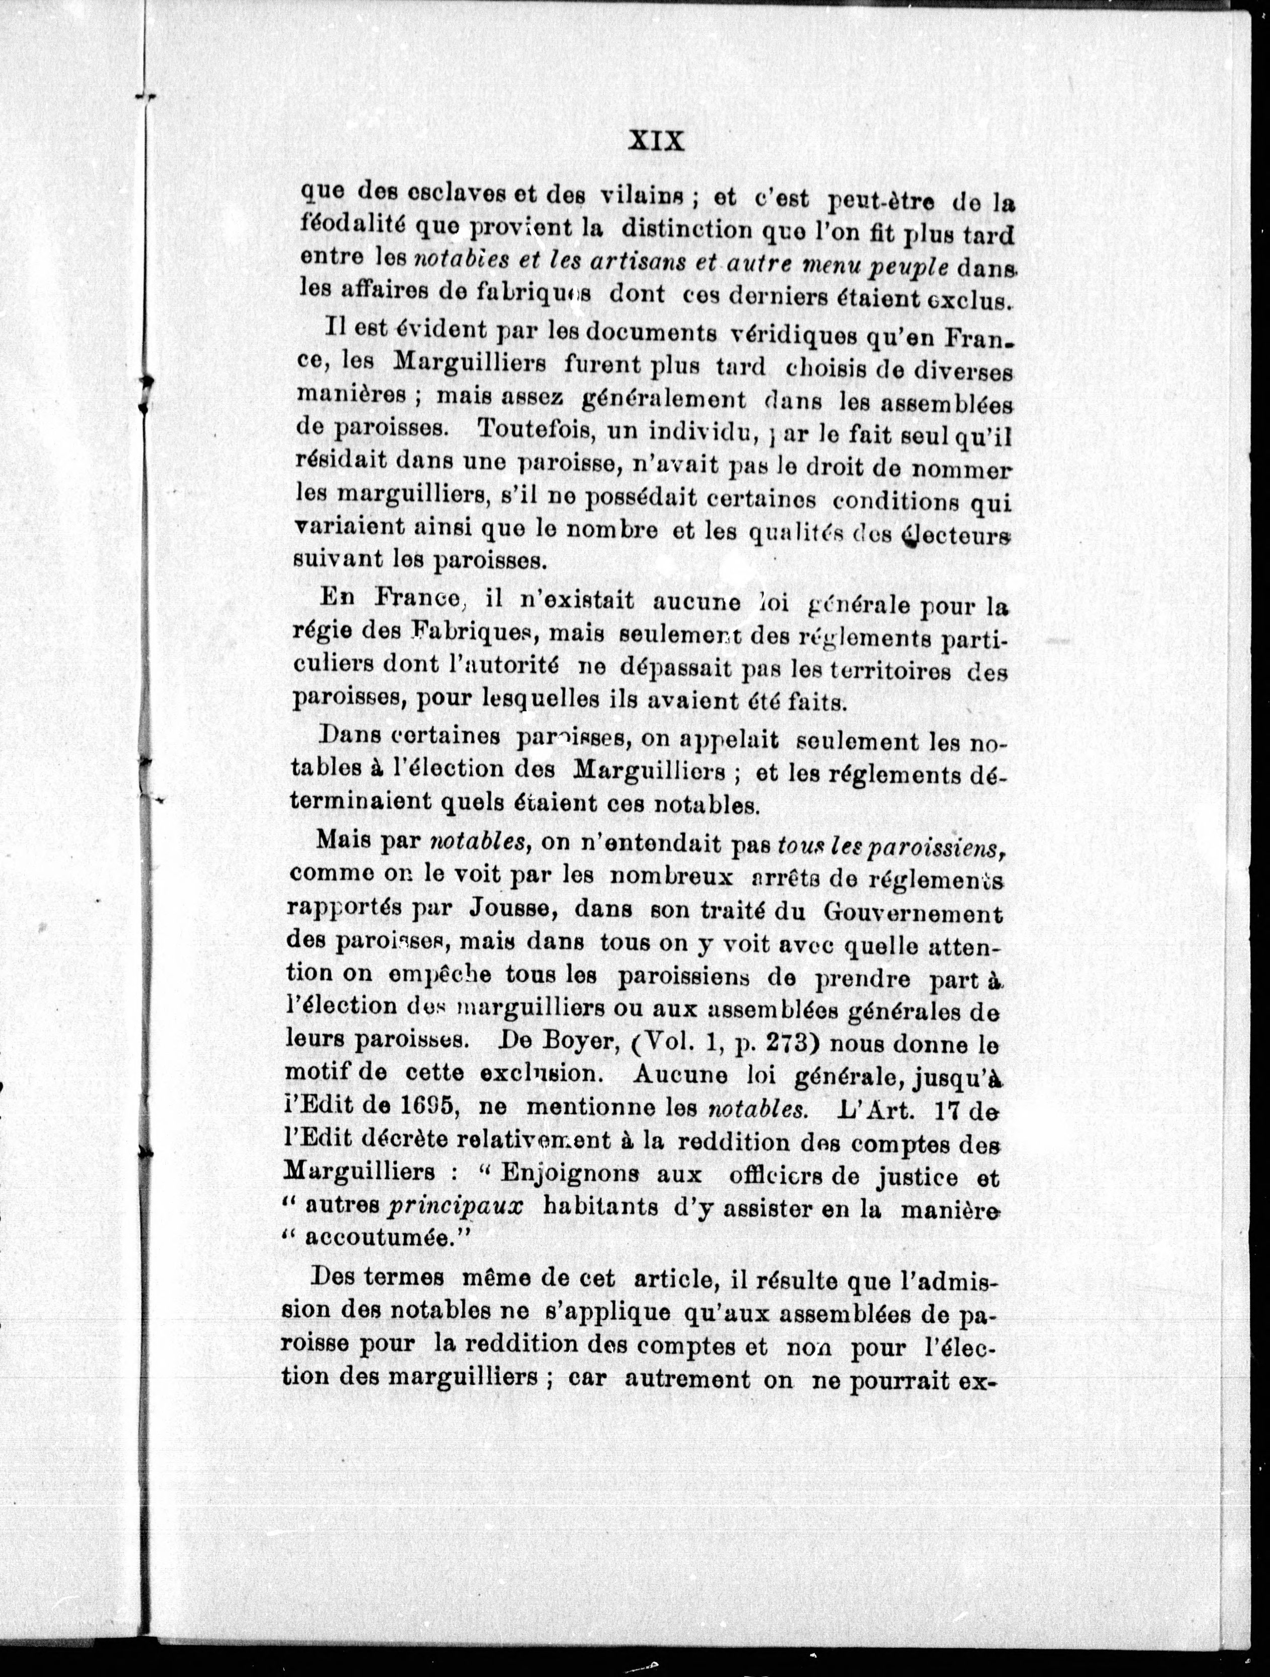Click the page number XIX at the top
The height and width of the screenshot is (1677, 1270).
(x=657, y=141)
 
